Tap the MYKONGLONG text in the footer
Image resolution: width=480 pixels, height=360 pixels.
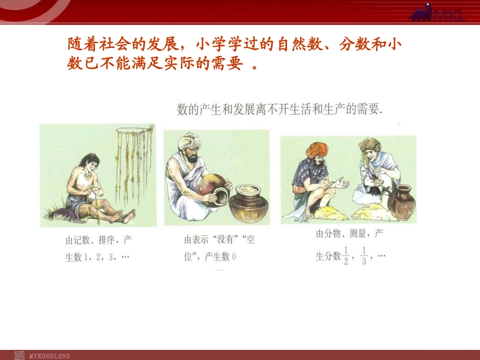coord(50,355)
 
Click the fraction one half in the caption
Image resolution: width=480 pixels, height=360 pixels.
coord(346,256)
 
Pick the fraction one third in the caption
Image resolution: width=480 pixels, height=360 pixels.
coord(364,256)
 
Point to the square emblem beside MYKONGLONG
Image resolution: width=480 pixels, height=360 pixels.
coord(19,355)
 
